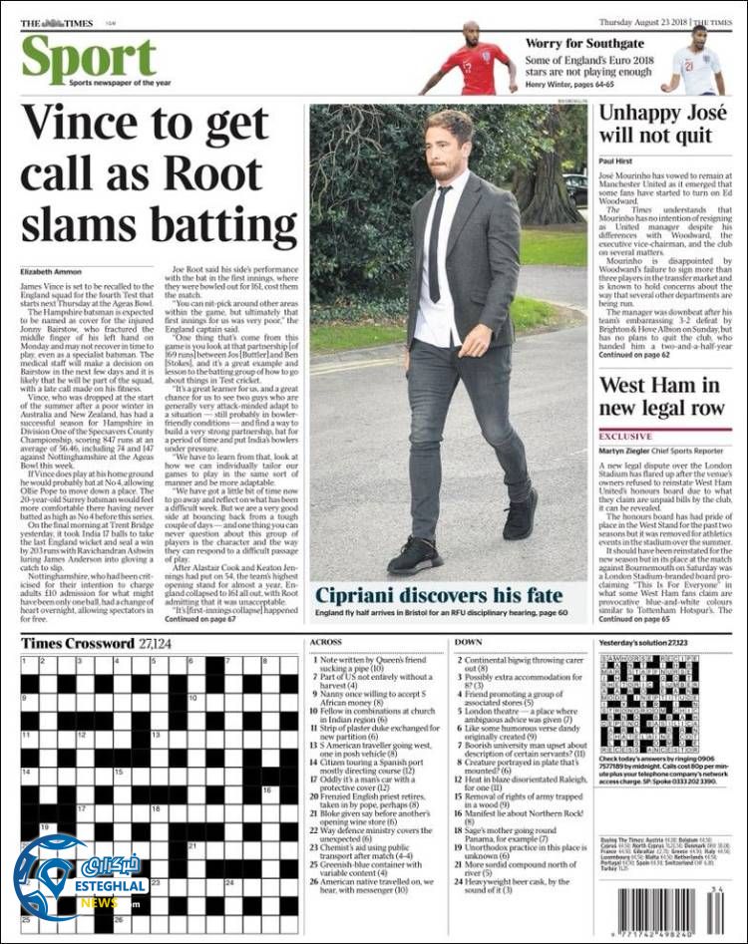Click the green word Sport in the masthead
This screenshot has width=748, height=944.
coord(88,59)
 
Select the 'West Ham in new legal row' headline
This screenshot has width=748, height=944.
coord(660,397)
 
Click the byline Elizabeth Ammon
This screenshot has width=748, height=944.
coord(50,273)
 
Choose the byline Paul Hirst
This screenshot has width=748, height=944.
coord(616,160)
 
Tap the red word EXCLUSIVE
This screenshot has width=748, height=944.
coord(625,437)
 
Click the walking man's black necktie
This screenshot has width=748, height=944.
coord(436,244)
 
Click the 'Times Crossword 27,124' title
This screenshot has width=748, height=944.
coord(96,643)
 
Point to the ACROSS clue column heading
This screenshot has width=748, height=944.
coord(326,643)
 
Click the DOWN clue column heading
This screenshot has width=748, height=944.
coord(468,643)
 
